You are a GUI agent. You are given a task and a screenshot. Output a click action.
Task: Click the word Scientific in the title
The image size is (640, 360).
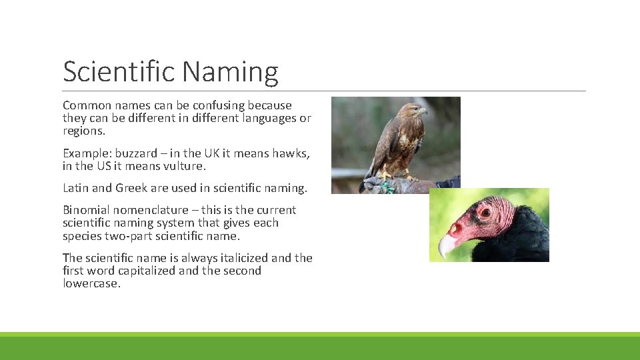tap(119, 72)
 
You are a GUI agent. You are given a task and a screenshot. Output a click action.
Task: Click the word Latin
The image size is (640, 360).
tap(76, 188)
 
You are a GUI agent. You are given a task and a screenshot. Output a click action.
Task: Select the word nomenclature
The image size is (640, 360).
tap(147, 210)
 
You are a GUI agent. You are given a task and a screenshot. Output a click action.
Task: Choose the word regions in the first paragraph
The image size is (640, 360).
tap(83, 131)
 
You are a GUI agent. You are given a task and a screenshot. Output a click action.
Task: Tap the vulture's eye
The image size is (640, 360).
tap(485, 213)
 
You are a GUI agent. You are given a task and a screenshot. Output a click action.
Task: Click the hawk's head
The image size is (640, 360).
tap(414, 111)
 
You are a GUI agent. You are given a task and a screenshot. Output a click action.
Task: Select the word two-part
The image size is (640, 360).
tap(128, 235)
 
